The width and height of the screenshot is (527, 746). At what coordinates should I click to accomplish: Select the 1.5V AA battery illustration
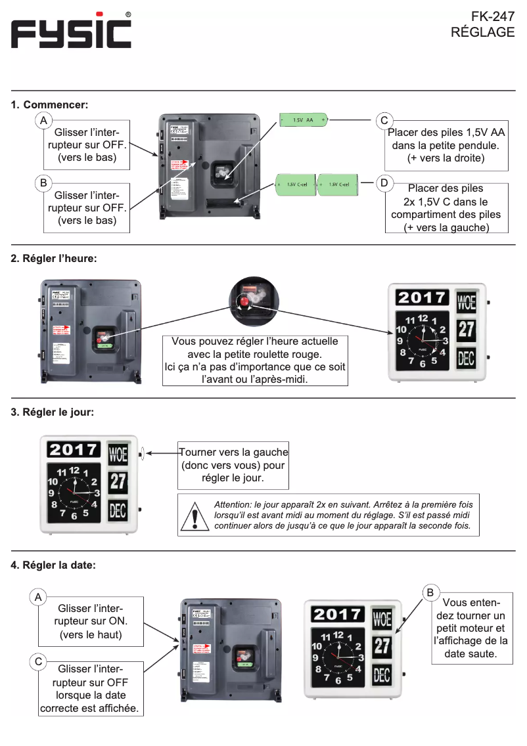tap(304, 120)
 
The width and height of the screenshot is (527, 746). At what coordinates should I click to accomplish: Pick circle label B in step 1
tap(43, 183)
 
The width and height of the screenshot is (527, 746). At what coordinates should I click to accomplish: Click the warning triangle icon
tap(195, 516)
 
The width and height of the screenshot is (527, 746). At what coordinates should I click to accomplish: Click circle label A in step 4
tap(38, 597)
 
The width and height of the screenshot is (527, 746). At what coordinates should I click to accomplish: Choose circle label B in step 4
tap(430, 593)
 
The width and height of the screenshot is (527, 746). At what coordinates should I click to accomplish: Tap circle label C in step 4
tap(38, 661)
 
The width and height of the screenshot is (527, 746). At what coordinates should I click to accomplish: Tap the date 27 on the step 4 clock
tap(382, 646)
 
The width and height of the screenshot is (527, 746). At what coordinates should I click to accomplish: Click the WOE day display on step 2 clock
tap(467, 302)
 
